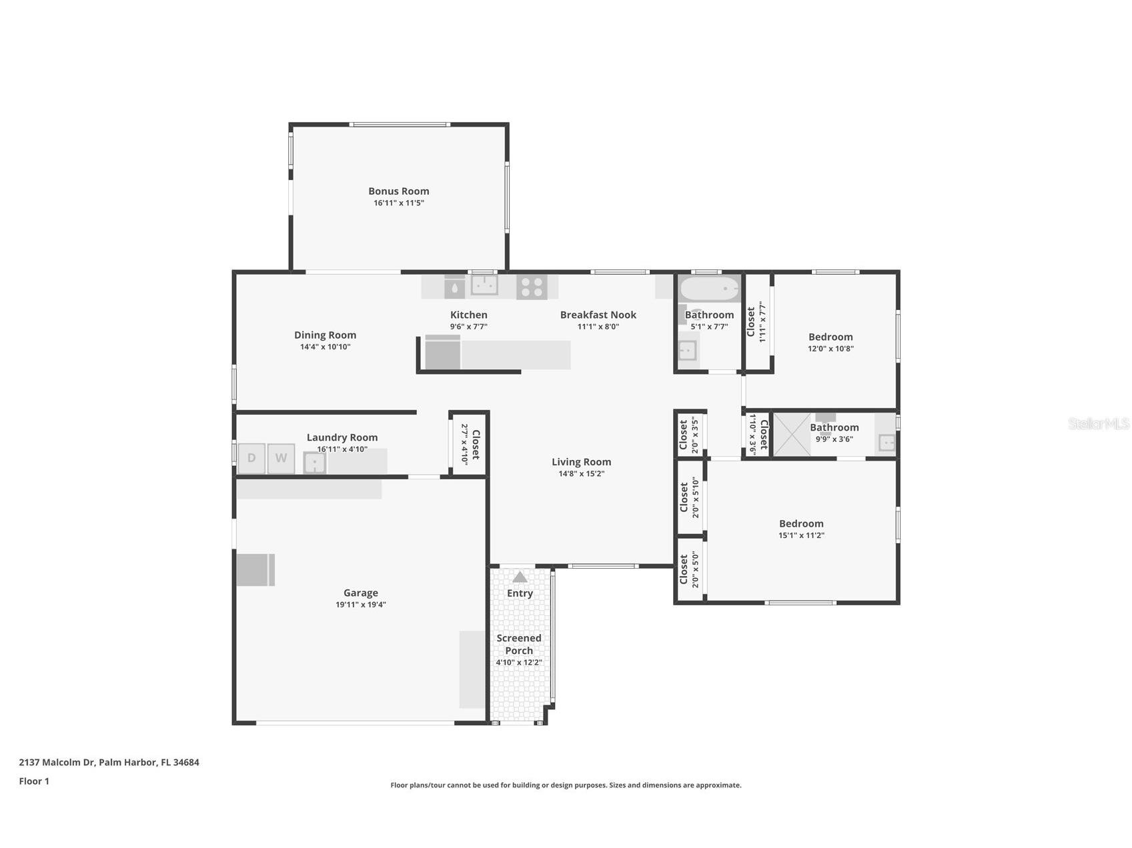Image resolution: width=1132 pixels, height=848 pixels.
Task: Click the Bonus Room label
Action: point(398,191)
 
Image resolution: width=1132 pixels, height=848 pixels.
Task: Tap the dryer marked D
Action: point(251,458)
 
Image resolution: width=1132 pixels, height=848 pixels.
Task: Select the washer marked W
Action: point(281,458)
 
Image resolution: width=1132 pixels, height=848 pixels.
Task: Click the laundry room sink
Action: point(314,463)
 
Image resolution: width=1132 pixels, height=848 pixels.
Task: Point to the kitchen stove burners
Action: point(532,287)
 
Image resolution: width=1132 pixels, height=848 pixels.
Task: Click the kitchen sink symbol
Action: point(484,285)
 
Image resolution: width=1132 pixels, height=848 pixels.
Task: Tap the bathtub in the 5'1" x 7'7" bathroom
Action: point(708,289)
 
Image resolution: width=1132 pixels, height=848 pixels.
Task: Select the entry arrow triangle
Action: point(520,577)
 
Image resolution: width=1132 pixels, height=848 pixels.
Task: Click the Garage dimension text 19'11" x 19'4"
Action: point(360,605)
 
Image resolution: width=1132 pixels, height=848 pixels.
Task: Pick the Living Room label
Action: point(581,462)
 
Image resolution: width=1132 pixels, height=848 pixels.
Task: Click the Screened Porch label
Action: point(519,644)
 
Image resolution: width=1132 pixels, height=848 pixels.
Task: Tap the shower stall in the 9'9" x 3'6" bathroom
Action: point(792,435)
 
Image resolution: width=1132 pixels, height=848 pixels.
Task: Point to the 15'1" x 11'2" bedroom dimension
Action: point(801,535)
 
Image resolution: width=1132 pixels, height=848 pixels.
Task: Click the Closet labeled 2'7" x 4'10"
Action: point(470,444)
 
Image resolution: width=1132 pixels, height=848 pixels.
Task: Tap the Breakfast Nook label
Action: point(598,315)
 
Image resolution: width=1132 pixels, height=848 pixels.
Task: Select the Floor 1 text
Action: point(34,781)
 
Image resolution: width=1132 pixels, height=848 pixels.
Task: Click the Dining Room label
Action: point(325,335)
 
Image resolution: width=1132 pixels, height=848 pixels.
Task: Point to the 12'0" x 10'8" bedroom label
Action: point(830,337)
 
